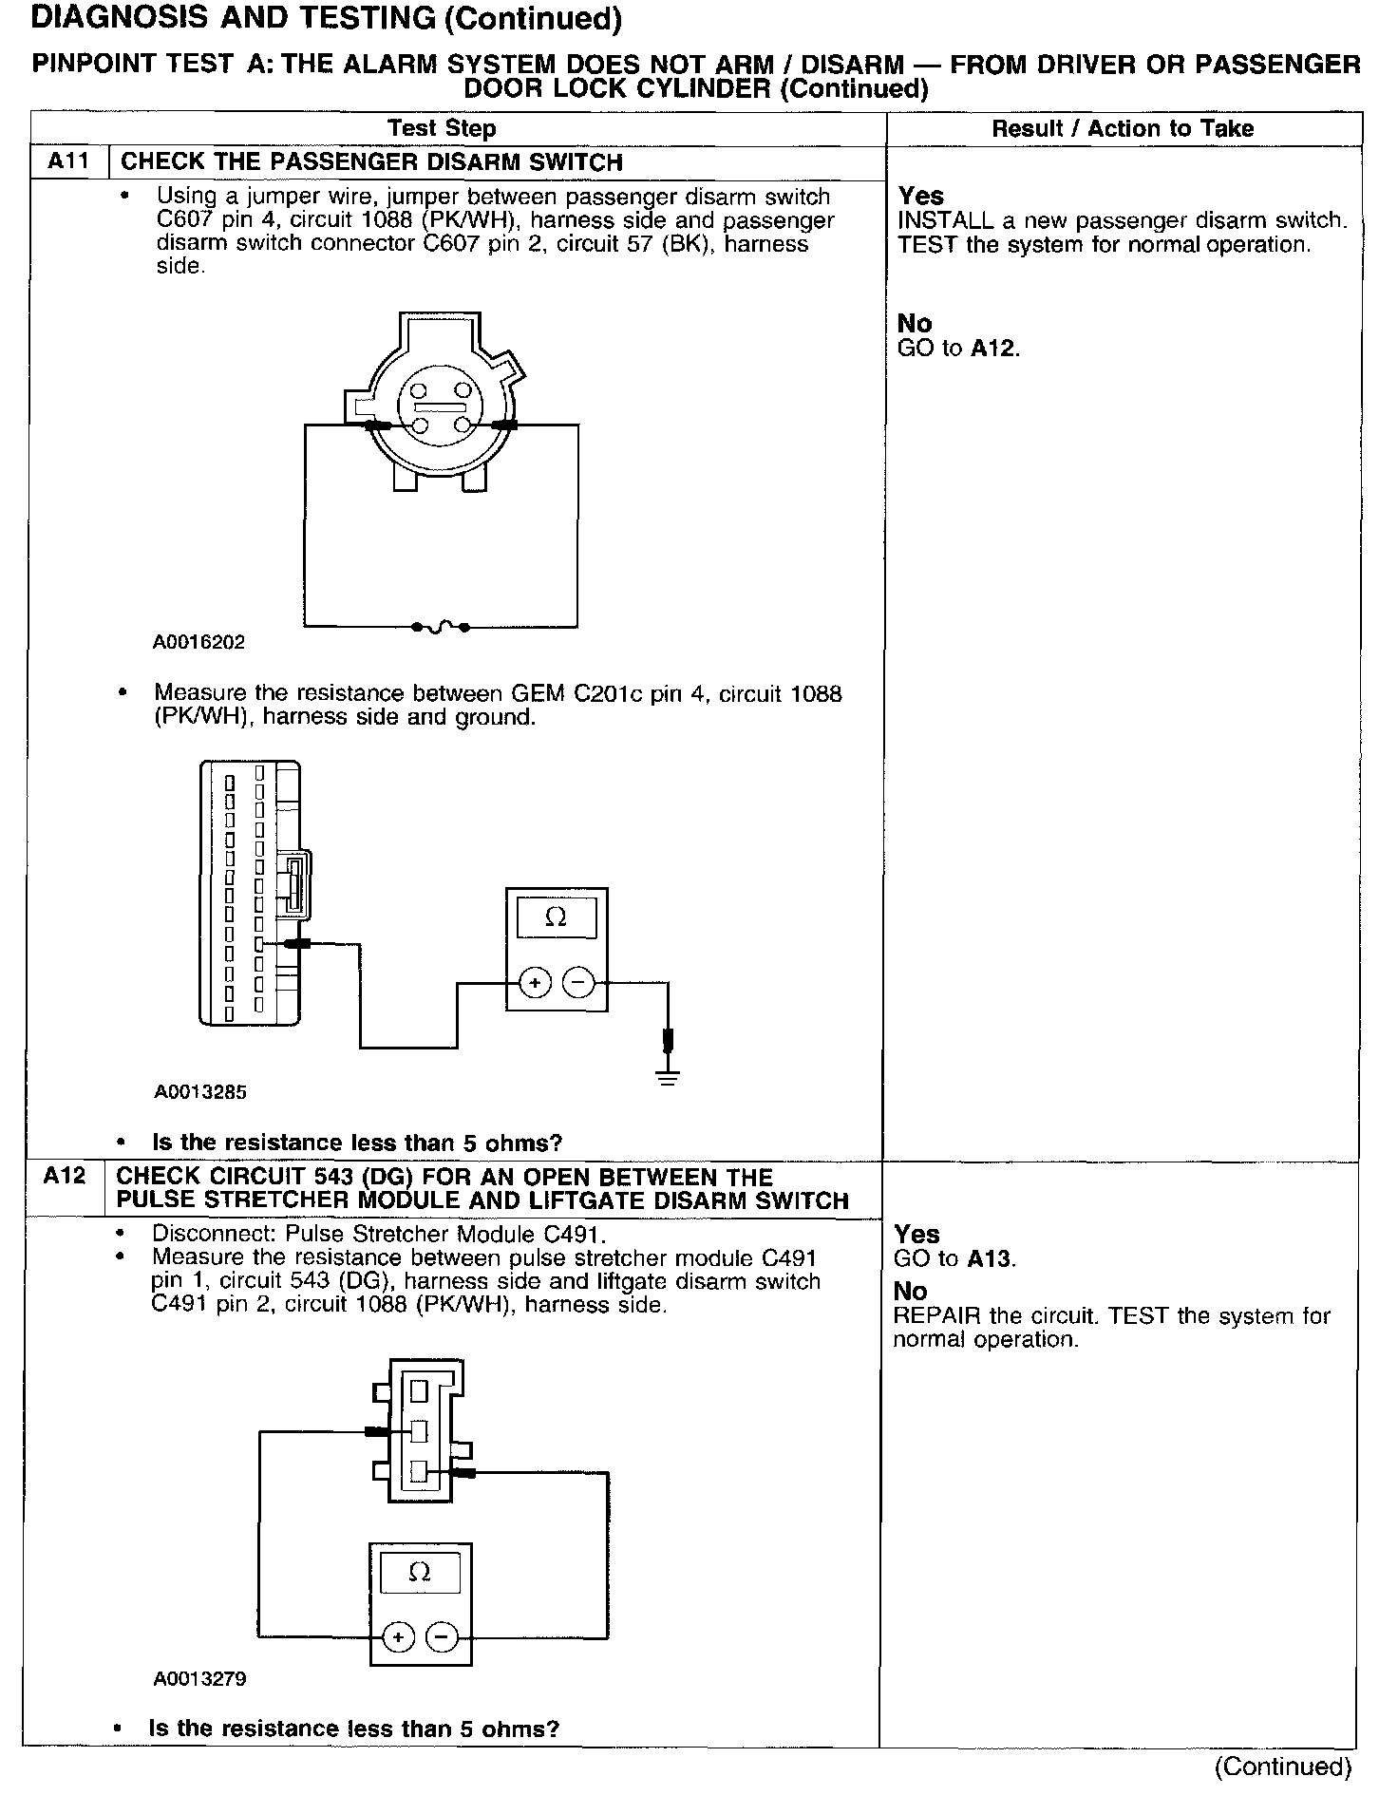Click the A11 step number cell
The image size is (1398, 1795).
tap(69, 161)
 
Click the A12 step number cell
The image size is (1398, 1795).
tap(65, 1176)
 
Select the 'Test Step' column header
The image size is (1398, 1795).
tap(442, 128)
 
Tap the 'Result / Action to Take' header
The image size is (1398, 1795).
tap(1123, 128)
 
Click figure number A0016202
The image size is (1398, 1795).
tap(198, 642)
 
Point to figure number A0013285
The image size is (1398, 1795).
tap(200, 1091)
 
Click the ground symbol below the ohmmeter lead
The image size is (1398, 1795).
tap(669, 1076)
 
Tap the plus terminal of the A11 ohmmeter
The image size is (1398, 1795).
tap(535, 983)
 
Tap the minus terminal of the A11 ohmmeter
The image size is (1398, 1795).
tap(577, 983)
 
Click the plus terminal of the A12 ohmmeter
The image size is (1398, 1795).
tap(399, 1636)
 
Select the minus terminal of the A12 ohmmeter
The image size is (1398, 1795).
tap(442, 1636)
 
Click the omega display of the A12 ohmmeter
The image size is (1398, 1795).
tap(420, 1573)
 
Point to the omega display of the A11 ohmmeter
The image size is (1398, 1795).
tap(557, 917)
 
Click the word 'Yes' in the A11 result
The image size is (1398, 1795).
tap(921, 196)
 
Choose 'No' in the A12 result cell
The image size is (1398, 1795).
tap(910, 1291)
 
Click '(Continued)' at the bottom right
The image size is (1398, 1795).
tap(1282, 1766)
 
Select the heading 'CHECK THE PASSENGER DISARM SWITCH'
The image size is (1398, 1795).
tap(371, 161)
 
